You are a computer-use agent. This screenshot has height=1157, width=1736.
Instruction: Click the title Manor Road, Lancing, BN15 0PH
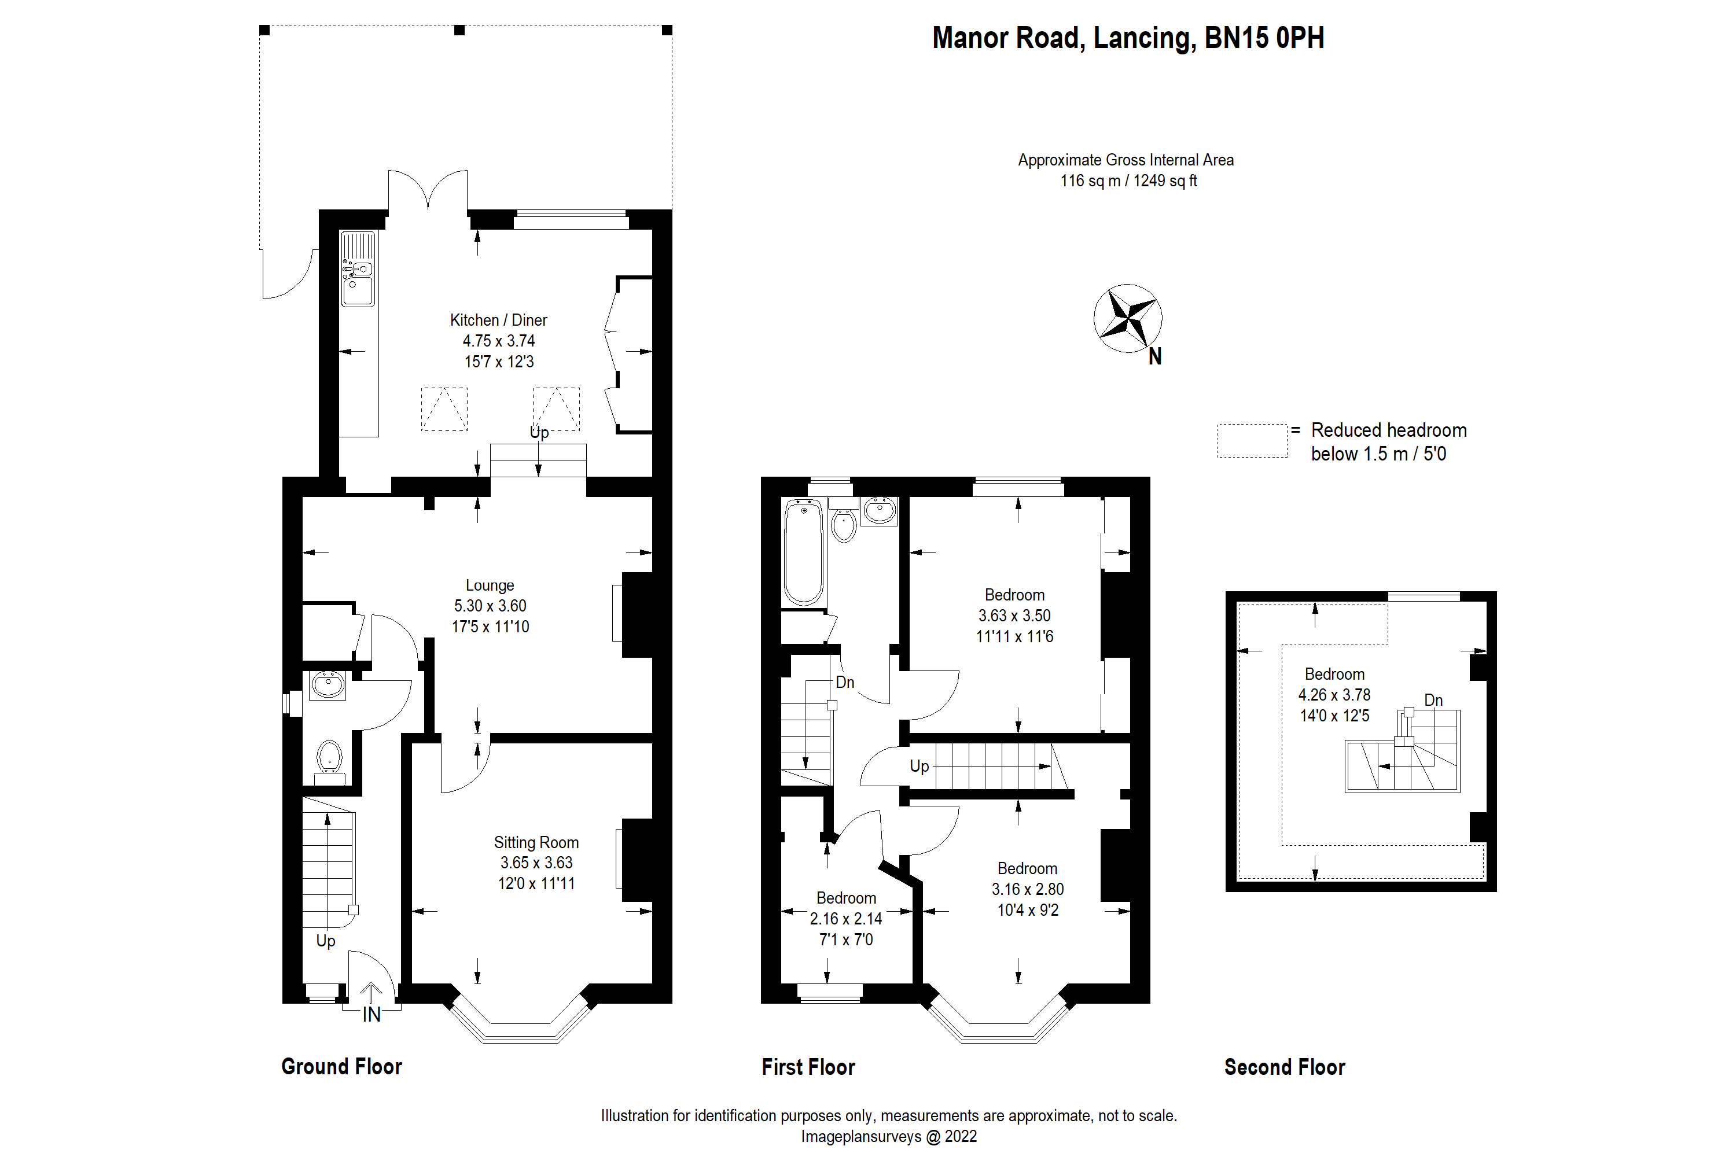pyautogui.click(x=1127, y=38)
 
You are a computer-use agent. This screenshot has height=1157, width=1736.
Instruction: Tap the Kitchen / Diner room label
pyautogui.click(x=498, y=320)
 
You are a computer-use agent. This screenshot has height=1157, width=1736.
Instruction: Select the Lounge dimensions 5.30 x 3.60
pyautogui.click(x=490, y=606)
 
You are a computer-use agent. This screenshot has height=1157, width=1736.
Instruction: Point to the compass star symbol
pyautogui.click(x=1127, y=318)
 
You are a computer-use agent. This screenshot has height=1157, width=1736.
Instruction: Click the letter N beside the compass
pyautogui.click(x=1155, y=357)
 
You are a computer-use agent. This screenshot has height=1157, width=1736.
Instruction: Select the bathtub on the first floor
pyautogui.click(x=803, y=552)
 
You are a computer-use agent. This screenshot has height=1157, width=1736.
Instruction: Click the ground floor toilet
pyautogui.click(x=329, y=758)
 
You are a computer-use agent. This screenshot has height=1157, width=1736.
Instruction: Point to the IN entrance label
pyautogui.click(x=372, y=1015)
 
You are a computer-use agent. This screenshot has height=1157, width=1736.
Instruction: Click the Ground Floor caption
pyautogui.click(x=342, y=1066)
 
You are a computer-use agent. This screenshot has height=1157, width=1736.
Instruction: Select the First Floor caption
pyautogui.click(x=808, y=1067)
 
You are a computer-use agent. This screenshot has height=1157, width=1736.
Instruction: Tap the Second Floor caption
pyautogui.click(x=1284, y=1067)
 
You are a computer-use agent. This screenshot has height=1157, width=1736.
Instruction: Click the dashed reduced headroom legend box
pyautogui.click(x=1252, y=440)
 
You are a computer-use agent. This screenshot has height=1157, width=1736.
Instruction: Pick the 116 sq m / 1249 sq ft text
pyautogui.click(x=1128, y=180)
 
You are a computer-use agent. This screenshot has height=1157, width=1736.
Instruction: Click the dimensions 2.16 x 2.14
pyautogui.click(x=846, y=919)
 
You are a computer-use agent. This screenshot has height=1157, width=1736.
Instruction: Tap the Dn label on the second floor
pyautogui.click(x=1433, y=700)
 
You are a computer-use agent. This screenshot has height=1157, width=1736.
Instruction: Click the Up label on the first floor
pyautogui.click(x=919, y=766)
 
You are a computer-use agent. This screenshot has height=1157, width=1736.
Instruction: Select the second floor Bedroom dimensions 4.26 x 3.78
pyautogui.click(x=1334, y=695)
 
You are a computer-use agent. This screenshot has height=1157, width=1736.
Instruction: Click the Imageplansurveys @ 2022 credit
pyautogui.click(x=889, y=1136)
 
